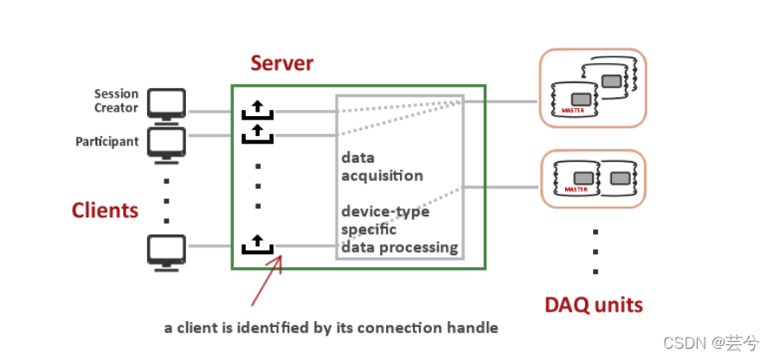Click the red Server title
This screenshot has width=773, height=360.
tap(281, 63)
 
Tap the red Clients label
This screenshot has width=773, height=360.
tap(105, 210)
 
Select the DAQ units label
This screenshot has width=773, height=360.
tap(594, 305)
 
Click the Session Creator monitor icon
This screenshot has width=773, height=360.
tap(166, 104)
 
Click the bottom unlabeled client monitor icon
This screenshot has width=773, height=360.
tap(166, 253)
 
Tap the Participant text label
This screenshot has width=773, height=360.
tap(107, 142)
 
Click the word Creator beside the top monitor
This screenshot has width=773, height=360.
tap(116, 108)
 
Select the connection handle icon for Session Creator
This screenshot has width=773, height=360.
tap(257, 110)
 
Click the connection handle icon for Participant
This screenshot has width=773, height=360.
tap(257, 133)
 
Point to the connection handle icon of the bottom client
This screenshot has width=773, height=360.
tap(257, 245)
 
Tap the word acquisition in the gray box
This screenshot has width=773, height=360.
tap(382, 176)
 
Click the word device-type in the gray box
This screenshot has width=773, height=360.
tap(385, 211)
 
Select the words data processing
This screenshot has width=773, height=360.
tap(399, 247)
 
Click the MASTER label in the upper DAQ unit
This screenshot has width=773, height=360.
tap(573, 111)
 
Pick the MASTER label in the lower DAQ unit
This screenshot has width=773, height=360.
tap(576, 190)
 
